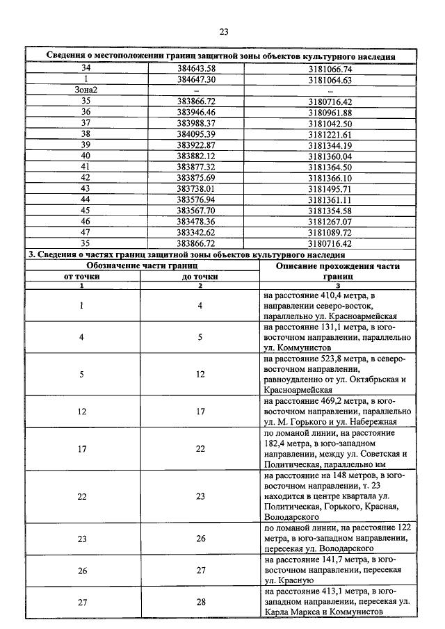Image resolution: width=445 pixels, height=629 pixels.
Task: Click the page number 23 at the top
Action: coord(223,31)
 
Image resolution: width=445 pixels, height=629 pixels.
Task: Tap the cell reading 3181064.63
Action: coord(330,80)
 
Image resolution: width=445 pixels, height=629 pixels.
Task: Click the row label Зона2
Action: coord(86,91)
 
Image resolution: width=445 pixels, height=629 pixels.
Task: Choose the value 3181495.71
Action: coord(330,188)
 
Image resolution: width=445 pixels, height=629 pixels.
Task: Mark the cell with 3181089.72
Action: coord(330,232)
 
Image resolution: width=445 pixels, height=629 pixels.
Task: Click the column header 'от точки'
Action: coord(81,276)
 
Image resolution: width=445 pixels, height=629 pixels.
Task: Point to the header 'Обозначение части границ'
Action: coord(142,266)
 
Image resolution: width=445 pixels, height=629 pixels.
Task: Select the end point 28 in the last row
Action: coord(200,602)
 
